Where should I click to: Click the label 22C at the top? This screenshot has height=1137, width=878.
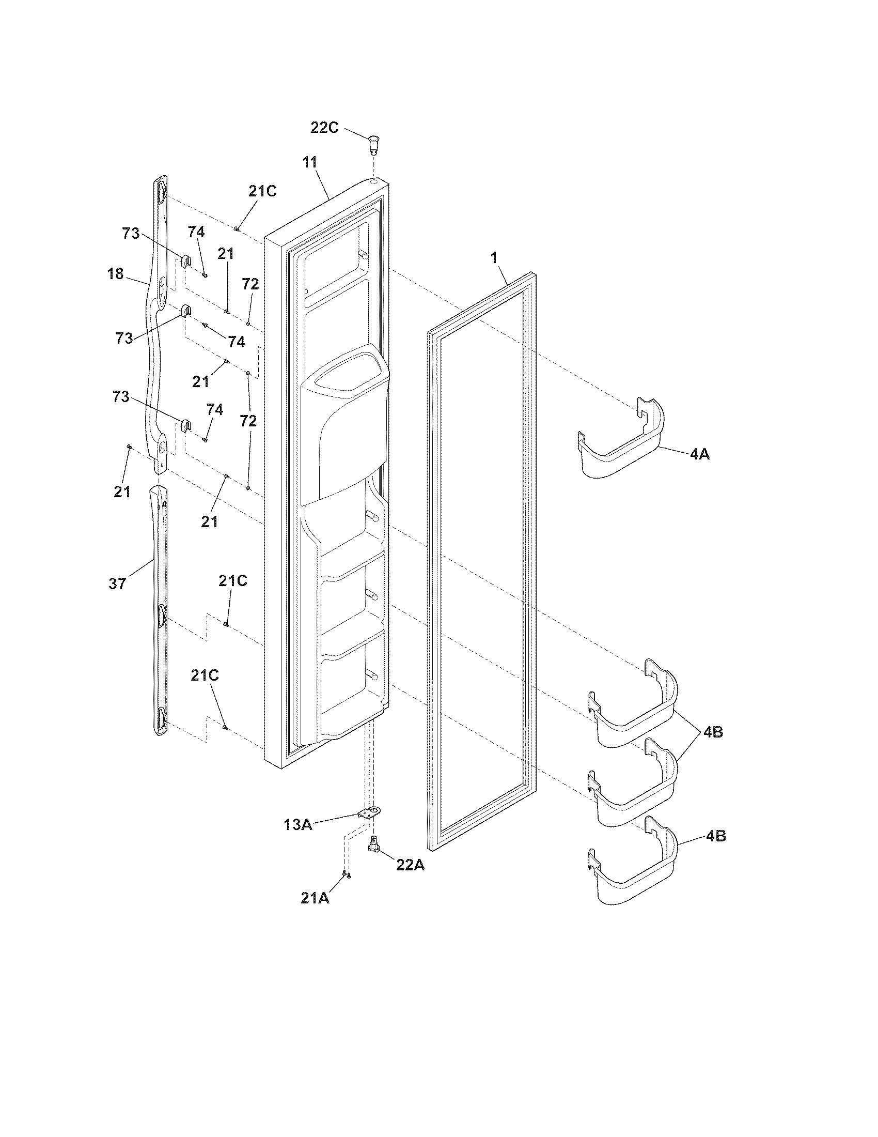[x=324, y=128]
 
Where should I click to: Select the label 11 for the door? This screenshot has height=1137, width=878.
[x=309, y=162]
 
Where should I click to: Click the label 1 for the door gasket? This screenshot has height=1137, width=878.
[x=494, y=257]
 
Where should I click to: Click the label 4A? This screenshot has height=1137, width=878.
[x=700, y=454]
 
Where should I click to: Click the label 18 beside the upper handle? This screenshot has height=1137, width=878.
[x=116, y=273]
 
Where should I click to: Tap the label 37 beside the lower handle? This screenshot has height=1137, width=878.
[x=117, y=583]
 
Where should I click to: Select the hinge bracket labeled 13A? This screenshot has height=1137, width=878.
[x=369, y=812]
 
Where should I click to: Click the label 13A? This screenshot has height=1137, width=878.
[x=297, y=825]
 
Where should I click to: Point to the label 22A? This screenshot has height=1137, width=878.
[x=411, y=865]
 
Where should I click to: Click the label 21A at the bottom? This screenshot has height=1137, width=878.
[x=315, y=898]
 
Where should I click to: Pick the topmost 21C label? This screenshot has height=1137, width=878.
[x=262, y=191]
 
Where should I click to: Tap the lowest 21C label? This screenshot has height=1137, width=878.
[x=205, y=675]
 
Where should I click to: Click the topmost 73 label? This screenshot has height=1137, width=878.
[x=131, y=234]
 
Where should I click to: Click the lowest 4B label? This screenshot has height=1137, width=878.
[x=716, y=837]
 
